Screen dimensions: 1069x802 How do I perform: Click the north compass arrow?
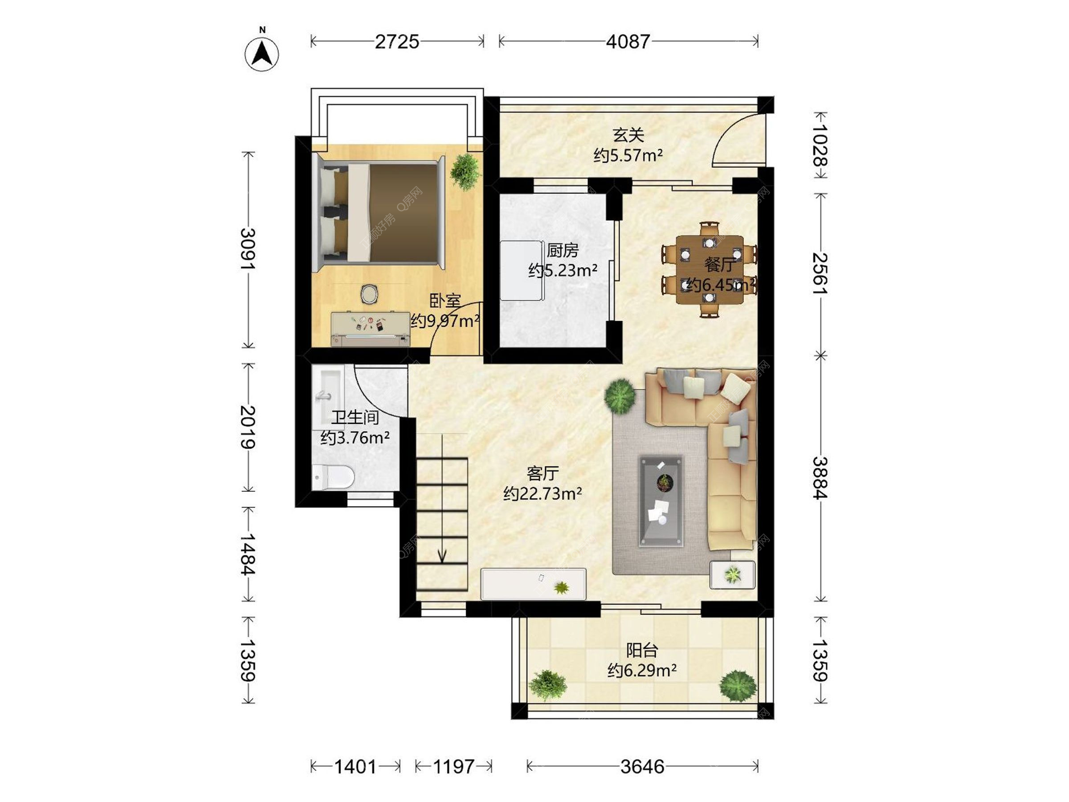pyautogui.click(x=262, y=54)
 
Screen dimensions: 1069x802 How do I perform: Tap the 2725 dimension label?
pyautogui.click(x=396, y=42)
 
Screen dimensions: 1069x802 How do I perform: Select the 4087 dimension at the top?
pyautogui.click(x=628, y=42)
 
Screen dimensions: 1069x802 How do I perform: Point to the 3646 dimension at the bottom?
pyautogui.click(x=643, y=767)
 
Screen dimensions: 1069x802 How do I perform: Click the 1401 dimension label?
pyautogui.click(x=355, y=767)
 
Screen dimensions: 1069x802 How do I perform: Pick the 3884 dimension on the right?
pyautogui.click(x=820, y=478)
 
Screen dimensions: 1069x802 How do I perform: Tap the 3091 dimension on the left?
pyautogui.click(x=248, y=249)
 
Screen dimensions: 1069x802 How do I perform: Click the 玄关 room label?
pyautogui.click(x=629, y=135)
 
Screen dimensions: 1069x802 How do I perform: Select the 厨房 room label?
pyautogui.click(x=562, y=250)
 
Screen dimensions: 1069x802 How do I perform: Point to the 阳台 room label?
pyautogui.click(x=642, y=650)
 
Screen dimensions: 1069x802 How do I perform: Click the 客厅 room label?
pyautogui.click(x=542, y=473)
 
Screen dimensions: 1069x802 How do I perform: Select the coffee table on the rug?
pyautogui.click(x=661, y=501)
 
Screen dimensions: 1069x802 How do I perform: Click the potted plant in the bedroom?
pyautogui.click(x=465, y=172)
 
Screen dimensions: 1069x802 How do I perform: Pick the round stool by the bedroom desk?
pyautogui.click(x=369, y=294)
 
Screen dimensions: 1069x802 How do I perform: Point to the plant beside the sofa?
pyautogui.click(x=620, y=395)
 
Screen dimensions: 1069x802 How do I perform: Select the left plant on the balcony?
pyautogui.click(x=548, y=684)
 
